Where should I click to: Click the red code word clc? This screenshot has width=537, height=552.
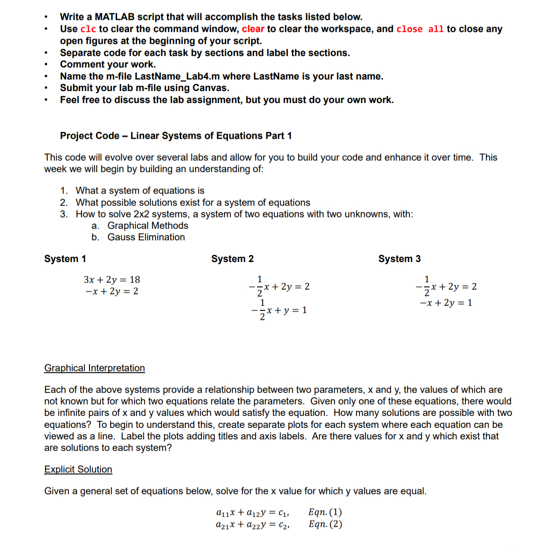pos(88,29)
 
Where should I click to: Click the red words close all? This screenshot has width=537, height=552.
pos(420,29)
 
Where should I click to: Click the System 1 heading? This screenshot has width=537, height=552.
pos(65,259)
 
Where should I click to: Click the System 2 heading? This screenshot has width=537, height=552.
pos(232,259)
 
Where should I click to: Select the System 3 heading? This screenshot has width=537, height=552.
pos(399,259)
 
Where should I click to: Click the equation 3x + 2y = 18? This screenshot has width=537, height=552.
pos(112,279)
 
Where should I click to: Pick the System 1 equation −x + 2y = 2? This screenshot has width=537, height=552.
pos(112,291)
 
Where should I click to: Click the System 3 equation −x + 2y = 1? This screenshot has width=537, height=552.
pos(446,303)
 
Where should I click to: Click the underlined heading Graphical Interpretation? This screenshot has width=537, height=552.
pos(95,368)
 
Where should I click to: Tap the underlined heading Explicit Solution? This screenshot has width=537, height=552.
pos(78,469)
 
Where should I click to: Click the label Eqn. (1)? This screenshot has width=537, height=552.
pos(325,512)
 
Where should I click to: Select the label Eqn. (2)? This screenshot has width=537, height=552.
pos(325,524)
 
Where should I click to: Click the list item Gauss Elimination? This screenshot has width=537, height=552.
pos(146,237)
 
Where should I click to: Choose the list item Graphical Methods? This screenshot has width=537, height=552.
pos(148,226)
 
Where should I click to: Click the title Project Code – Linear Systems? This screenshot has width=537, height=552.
pos(176,136)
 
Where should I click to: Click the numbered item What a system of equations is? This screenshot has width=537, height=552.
pos(140,191)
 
